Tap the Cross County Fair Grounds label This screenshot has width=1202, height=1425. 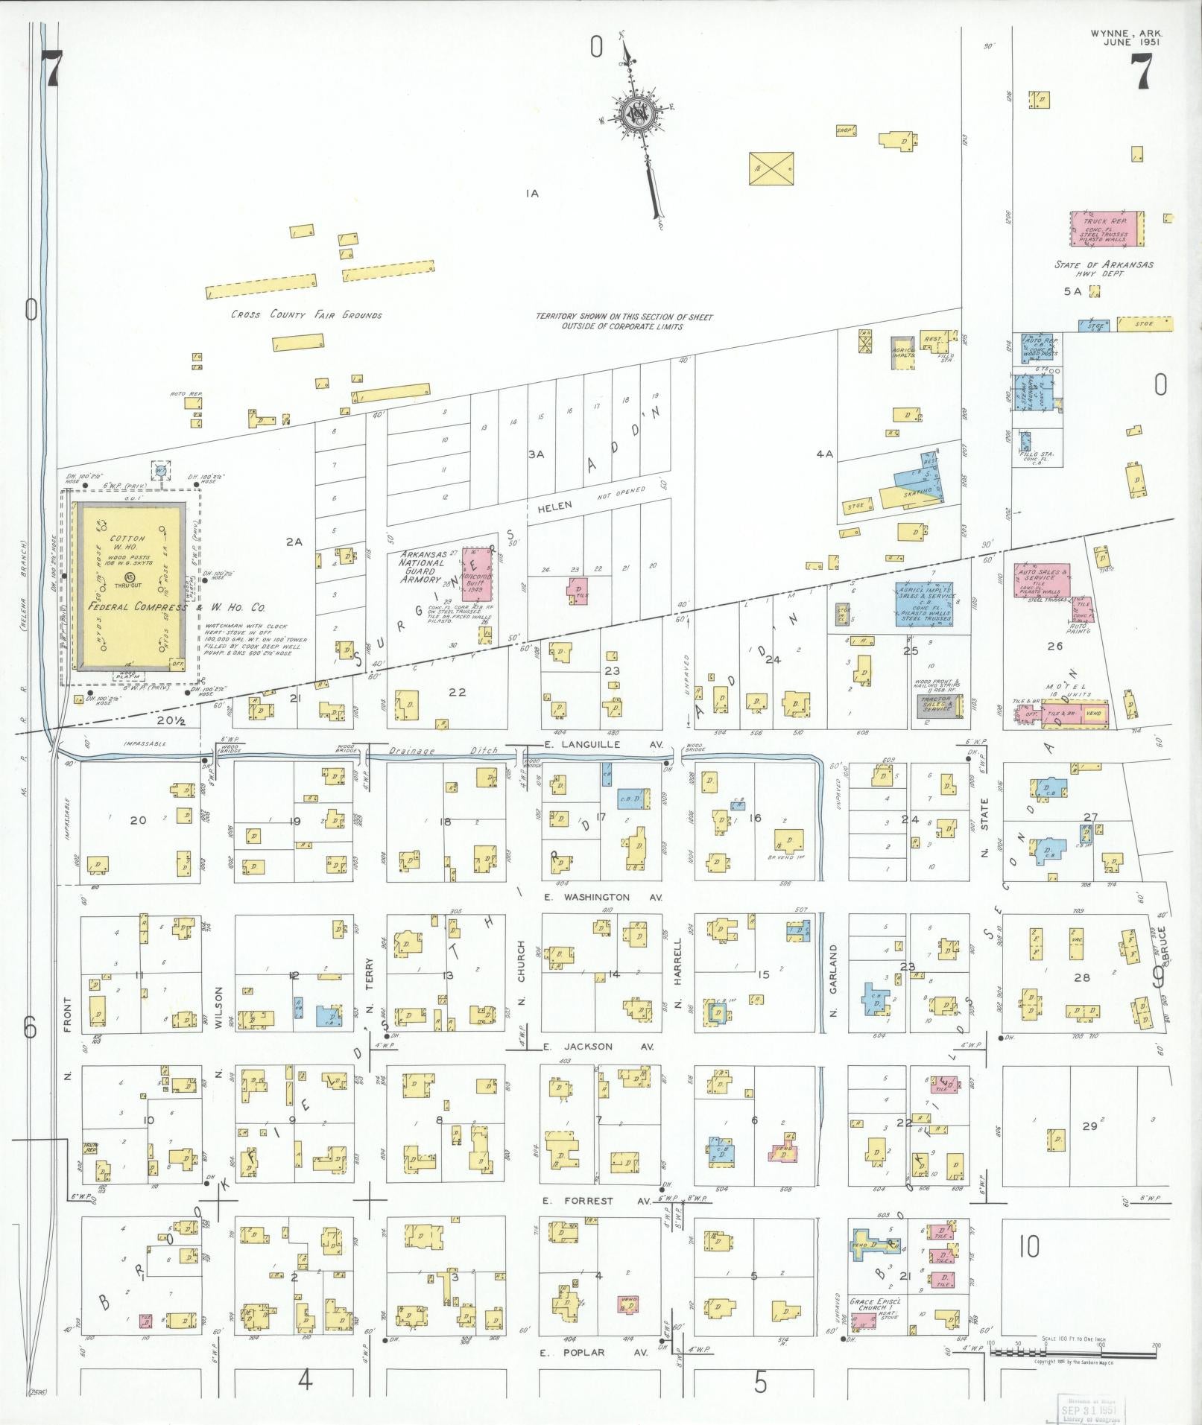coord(306,315)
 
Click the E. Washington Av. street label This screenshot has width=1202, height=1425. coord(603,898)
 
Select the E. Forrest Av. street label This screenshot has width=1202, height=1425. coord(598,1201)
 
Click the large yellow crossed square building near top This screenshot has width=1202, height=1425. coord(771,169)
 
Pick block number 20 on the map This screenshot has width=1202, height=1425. coord(137,820)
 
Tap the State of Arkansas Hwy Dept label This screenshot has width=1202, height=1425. coord(1104,269)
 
